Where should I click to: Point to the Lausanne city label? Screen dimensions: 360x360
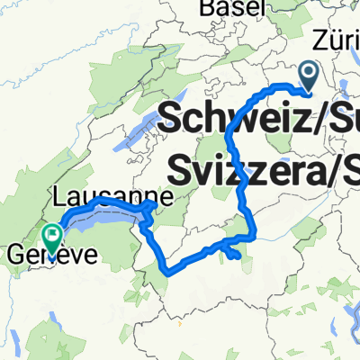coord(100,195)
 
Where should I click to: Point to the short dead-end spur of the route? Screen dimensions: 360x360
coord(236,256)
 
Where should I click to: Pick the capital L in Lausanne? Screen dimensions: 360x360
coord(59,195)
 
